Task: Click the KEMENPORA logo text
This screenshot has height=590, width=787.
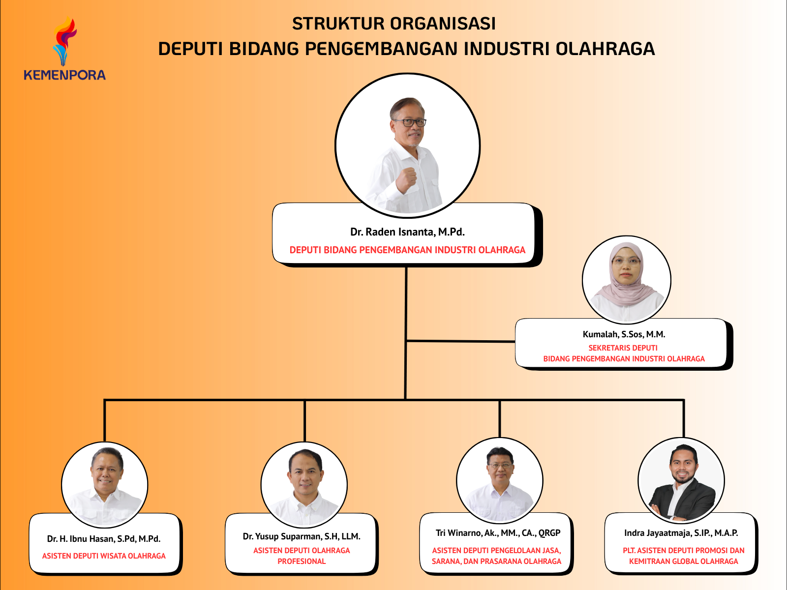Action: pos(64,75)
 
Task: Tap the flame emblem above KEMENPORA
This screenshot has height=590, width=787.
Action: pos(65,42)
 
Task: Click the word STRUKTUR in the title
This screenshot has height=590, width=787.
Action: pos(338,24)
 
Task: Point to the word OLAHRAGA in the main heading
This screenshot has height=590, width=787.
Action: pos(605,49)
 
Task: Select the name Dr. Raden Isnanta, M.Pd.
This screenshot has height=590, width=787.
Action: pos(407,232)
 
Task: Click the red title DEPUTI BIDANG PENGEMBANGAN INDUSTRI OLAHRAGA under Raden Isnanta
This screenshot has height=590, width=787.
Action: pos(407,250)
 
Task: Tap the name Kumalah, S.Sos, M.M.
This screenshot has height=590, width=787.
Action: pos(624,334)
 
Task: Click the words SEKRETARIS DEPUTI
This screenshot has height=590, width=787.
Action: pos(623,348)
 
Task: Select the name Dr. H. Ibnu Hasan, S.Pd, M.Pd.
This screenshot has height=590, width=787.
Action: pos(104,539)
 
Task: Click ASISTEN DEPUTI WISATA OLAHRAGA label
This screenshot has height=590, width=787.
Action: pos(104,556)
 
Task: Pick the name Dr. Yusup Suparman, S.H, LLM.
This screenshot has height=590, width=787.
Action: pos(302,536)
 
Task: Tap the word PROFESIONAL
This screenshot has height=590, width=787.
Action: pos(302,561)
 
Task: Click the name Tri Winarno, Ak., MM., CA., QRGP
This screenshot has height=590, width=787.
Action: pos(498,533)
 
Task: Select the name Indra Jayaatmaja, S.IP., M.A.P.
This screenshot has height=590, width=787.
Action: pos(681,533)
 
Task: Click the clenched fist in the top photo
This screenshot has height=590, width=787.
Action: pos(406,179)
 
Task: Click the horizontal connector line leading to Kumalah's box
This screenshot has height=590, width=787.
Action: pos(461,341)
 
